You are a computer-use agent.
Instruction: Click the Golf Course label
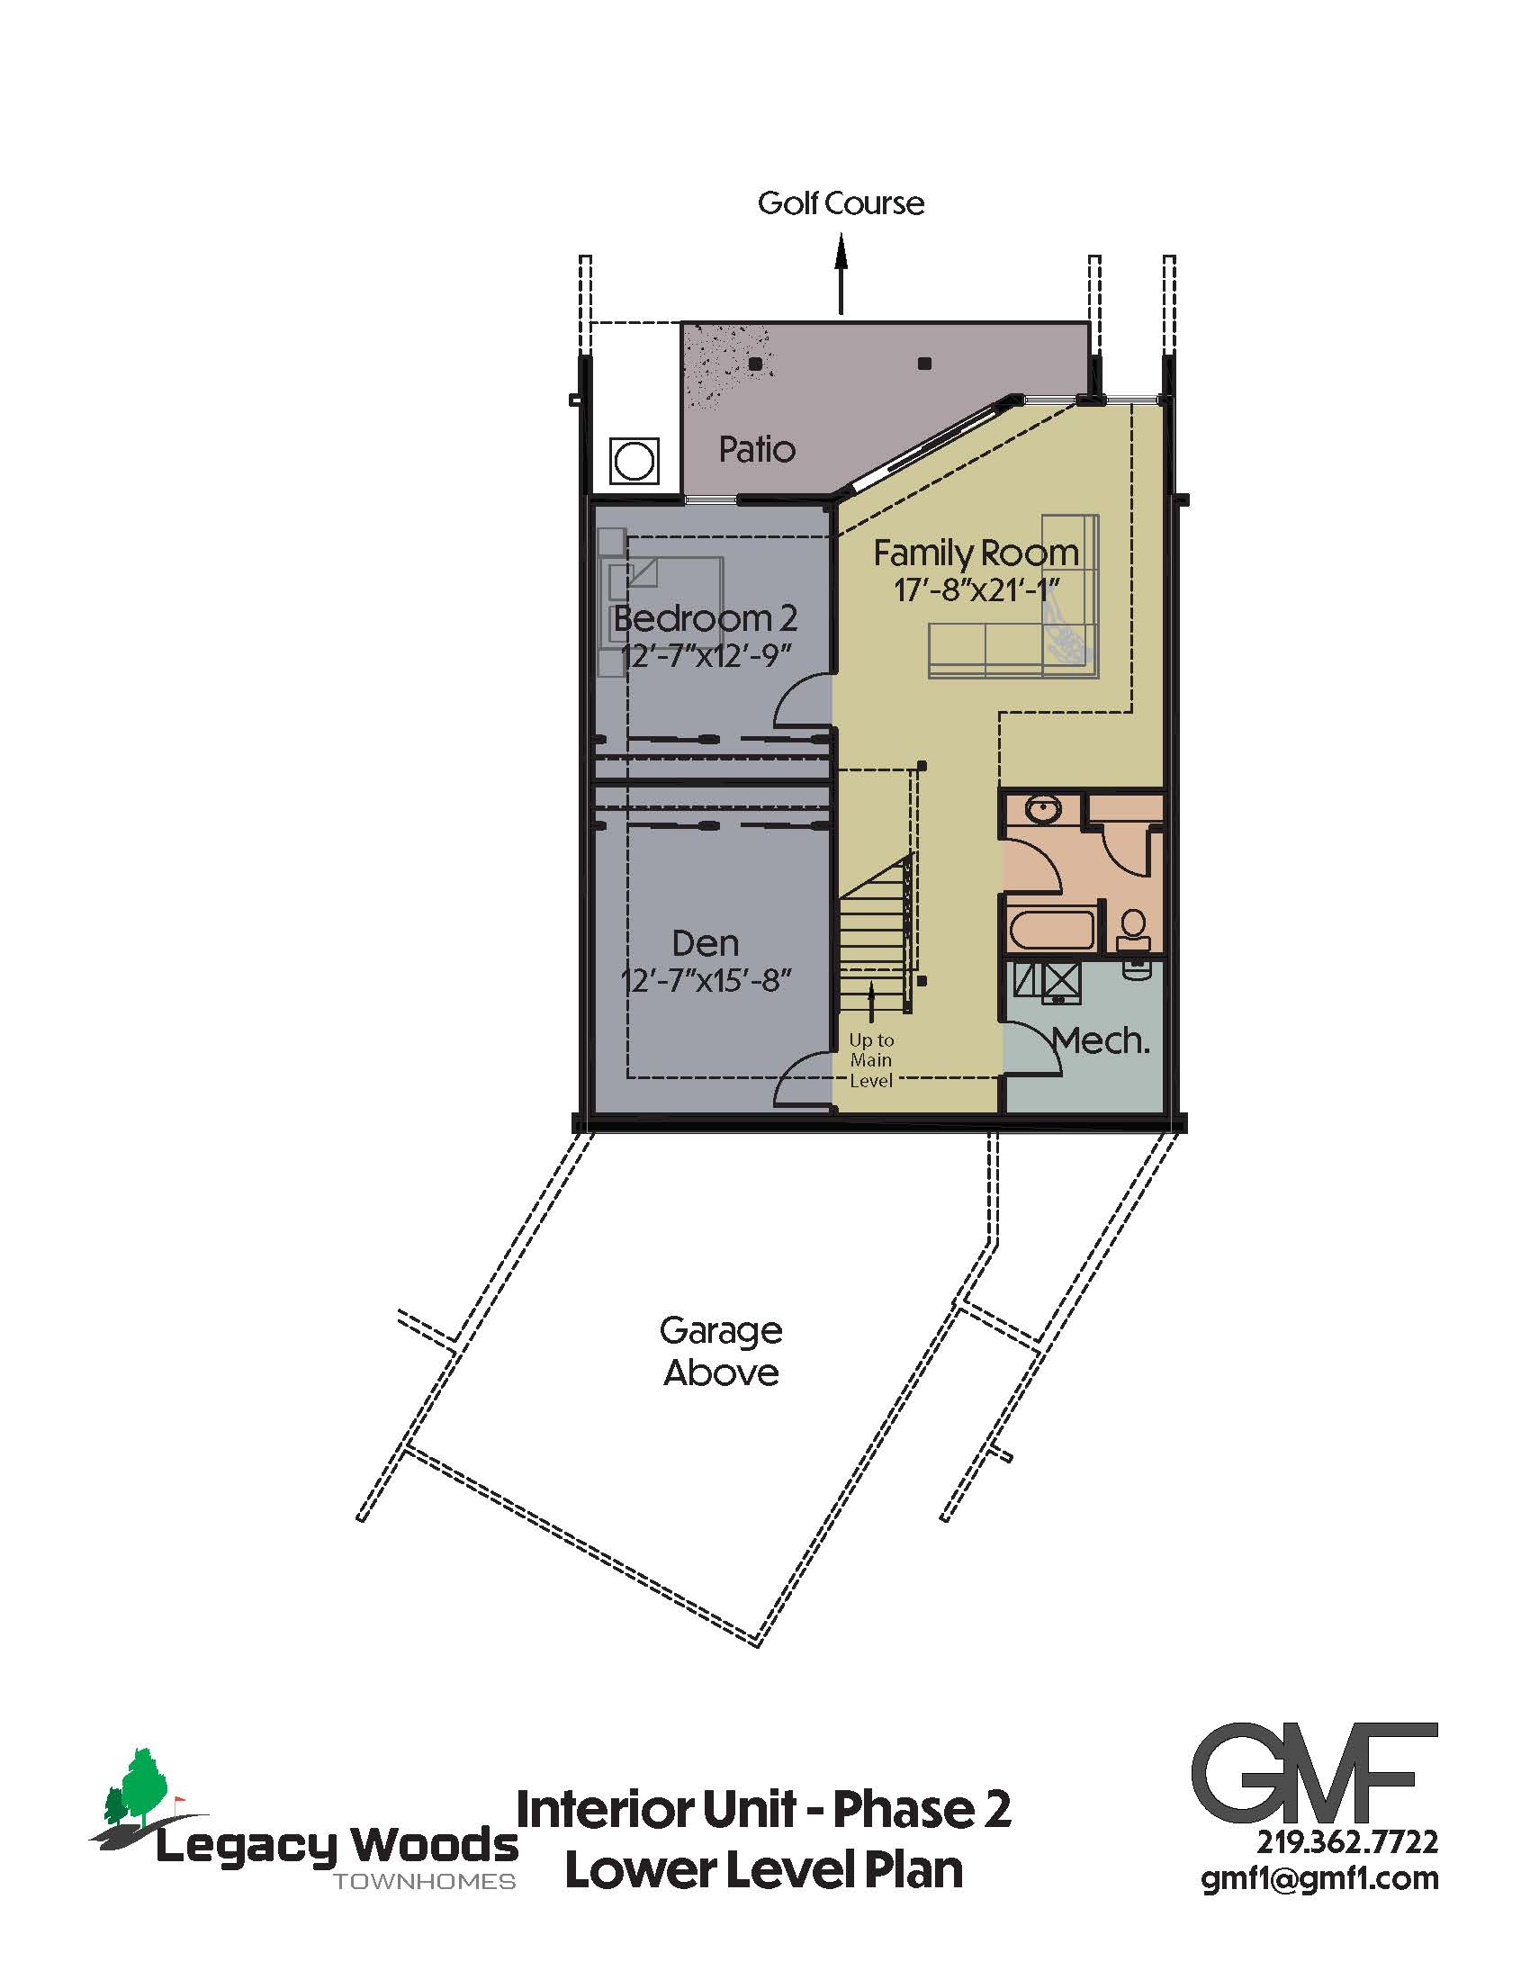(841, 203)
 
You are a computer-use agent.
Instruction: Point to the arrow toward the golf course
(841, 274)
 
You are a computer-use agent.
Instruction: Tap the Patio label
(757, 450)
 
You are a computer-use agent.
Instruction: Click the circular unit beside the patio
(634, 462)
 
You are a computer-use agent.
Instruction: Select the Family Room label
(976, 553)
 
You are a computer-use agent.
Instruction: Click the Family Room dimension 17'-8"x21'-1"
(976, 590)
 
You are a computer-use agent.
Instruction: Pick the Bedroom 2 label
(706, 619)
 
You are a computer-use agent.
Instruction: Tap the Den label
(706, 944)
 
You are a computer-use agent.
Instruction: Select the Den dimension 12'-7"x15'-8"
(706, 981)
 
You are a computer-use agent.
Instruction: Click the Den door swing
(803, 1079)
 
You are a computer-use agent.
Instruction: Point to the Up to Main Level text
(871, 1060)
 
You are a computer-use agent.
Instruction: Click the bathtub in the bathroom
(1051, 931)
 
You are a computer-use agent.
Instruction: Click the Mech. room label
(1102, 1041)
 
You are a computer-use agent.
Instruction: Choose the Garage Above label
(721, 1352)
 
